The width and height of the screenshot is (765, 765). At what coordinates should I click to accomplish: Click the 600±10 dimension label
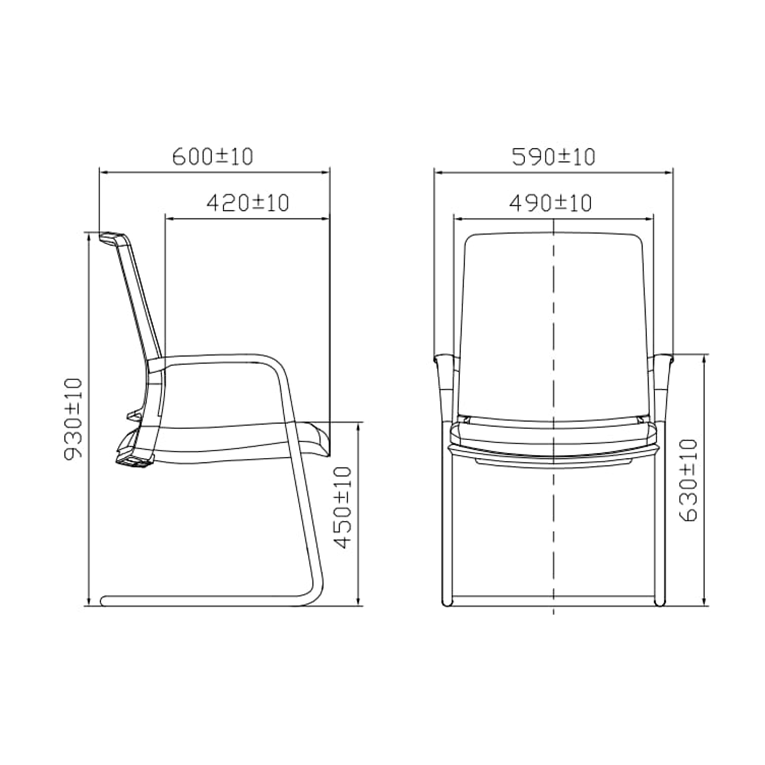pos(212,156)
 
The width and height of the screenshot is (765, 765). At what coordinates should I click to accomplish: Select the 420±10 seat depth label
pos(248,203)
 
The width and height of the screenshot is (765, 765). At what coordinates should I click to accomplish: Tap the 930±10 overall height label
pos(73,419)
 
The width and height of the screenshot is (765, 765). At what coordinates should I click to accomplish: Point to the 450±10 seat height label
pos(342,507)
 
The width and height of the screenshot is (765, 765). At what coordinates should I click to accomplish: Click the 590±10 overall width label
pos(553,156)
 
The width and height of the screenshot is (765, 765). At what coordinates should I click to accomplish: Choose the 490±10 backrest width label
pos(550,203)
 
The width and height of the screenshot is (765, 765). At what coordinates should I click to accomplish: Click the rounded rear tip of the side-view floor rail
pos(103,601)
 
